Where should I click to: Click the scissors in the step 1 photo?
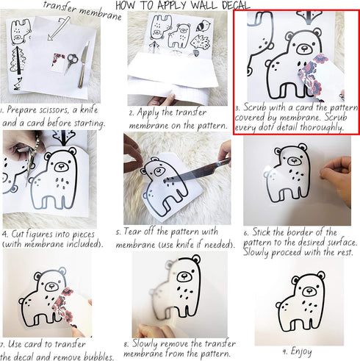coord(71,62)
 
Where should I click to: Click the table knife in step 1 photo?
coord(83,65)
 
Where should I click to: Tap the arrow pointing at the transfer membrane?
coord(58,28)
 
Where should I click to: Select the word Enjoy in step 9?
coord(301,351)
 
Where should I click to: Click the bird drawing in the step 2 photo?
coord(204,26)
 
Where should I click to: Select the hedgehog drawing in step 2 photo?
coord(201,43)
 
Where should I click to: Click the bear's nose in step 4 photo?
coord(60,167)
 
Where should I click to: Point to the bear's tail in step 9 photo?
coord(279,305)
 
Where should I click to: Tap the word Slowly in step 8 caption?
coord(145,344)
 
